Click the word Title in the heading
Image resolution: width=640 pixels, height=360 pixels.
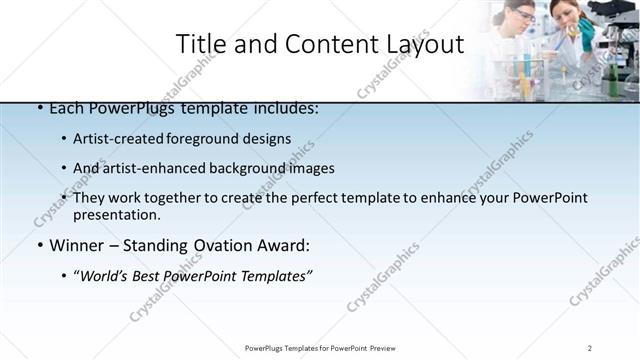point(199,44)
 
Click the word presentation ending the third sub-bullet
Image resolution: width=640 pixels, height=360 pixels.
point(116,214)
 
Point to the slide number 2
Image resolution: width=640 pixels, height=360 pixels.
point(590,348)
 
